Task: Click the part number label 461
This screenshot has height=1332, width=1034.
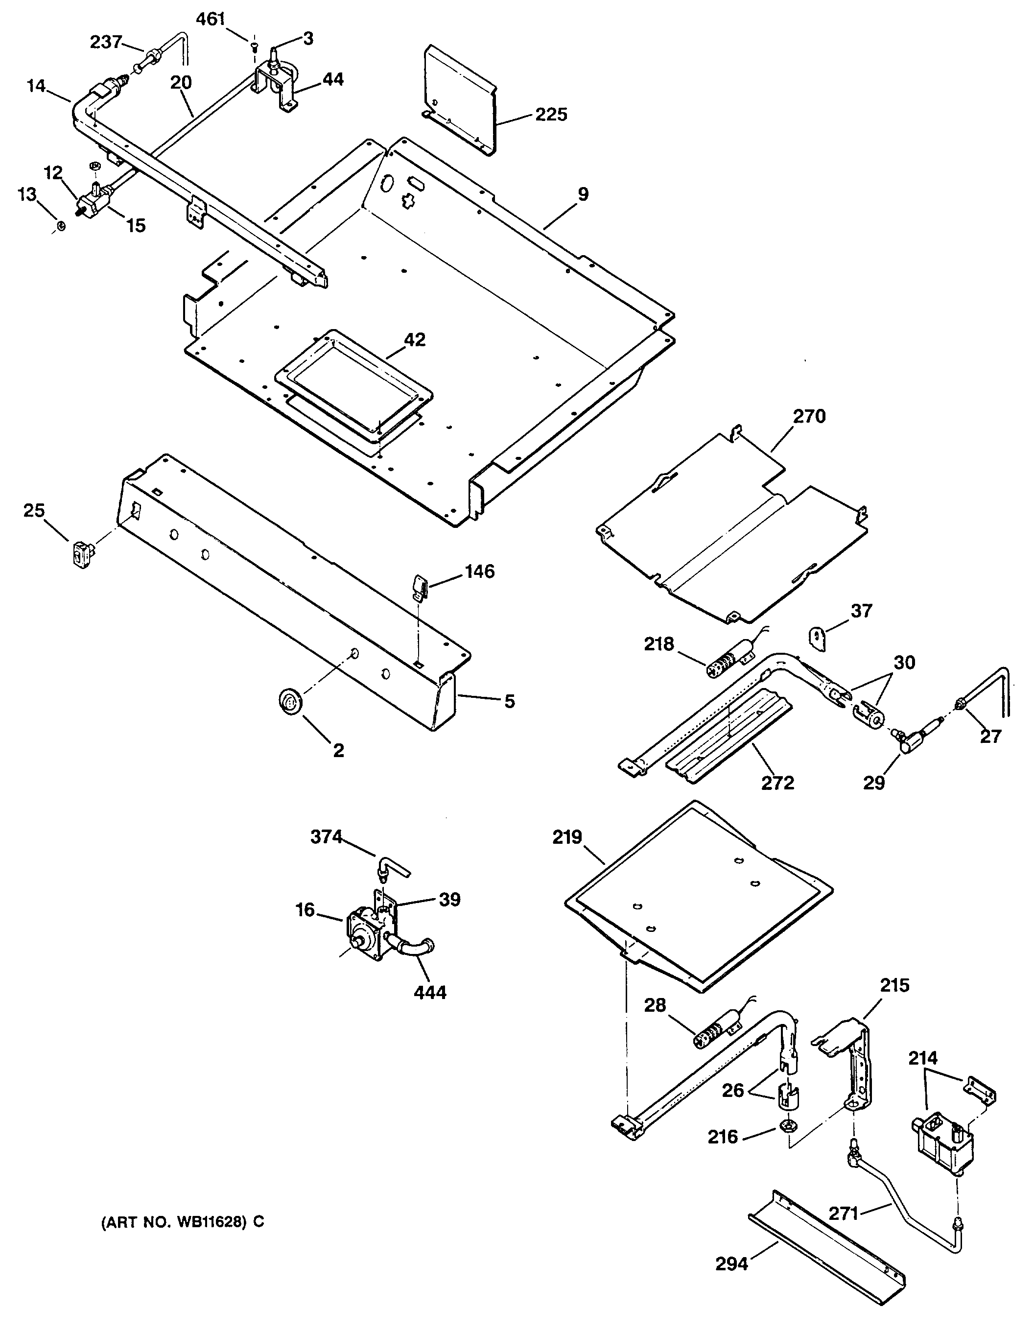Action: pos(211,20)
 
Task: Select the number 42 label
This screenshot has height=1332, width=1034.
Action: pos(415,340)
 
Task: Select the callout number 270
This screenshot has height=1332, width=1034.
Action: pos(809,417)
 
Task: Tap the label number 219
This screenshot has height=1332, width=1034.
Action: pos(567,838)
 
